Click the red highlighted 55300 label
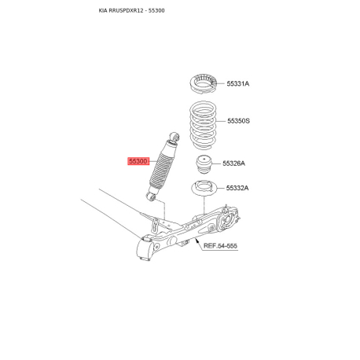tap(138, 160)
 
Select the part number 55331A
tap(238, 83)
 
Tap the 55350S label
tap(238, 121)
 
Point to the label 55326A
tap(234, 163)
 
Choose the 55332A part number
tap(238, 189)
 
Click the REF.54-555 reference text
tap(220, 247)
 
